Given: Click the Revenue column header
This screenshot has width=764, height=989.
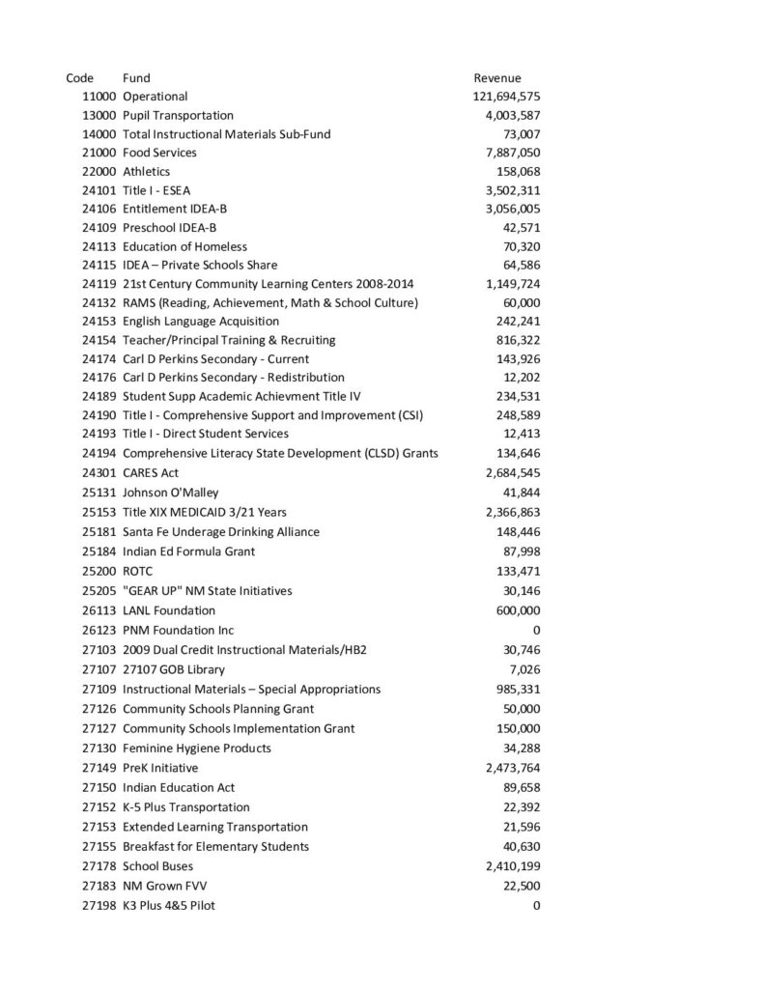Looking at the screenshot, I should [496, 77].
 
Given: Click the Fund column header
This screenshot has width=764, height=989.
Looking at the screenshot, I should [136, 77].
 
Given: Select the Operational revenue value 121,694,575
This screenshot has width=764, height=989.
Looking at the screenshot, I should [506, 97].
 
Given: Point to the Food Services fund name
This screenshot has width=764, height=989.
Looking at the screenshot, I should [159, 153].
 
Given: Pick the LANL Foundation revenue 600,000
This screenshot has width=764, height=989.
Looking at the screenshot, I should [518, 610].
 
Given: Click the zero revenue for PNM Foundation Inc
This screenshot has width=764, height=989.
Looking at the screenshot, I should [536, 630].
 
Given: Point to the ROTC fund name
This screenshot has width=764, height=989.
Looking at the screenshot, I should [138, 571].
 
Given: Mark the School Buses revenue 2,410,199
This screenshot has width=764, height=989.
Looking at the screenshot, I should [512, 866].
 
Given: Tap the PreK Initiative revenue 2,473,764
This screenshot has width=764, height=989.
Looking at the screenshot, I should [512, 768].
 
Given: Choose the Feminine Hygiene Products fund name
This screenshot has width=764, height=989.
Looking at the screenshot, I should [197, 749].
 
